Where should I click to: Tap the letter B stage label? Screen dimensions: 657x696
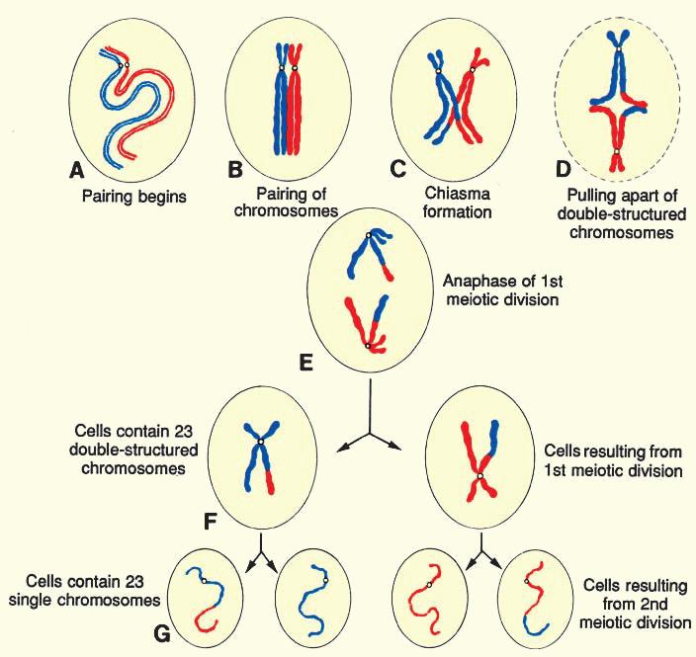pos(235,170)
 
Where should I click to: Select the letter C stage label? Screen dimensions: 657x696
pos(398,169)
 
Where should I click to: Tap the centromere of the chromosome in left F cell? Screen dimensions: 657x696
pos(260,441)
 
